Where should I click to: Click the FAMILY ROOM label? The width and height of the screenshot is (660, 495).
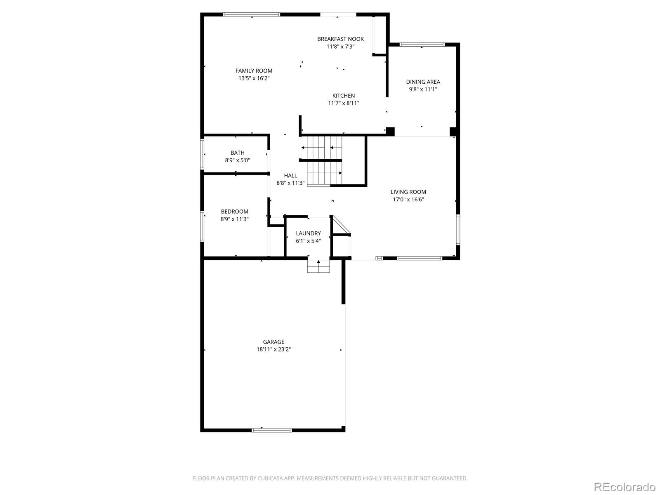point(254,71)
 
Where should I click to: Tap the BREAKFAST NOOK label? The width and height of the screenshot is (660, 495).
point(340,39)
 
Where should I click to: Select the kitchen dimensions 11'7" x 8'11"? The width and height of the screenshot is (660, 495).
point(343,103)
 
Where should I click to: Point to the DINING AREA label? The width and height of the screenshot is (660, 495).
point(423,82)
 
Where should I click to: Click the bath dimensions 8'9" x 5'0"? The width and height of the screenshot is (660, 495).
point(238,160)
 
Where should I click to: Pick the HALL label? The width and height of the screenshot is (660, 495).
point(290,176)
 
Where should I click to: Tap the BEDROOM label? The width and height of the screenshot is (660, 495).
point(235,212)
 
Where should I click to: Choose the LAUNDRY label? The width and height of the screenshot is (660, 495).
point(308,233)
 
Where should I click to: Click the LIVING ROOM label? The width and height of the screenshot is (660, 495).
point(408,192)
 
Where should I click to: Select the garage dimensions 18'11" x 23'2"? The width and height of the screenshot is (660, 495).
point(273,349)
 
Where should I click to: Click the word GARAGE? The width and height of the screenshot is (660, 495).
point(273,342)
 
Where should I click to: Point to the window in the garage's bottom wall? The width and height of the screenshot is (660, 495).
point(271,430)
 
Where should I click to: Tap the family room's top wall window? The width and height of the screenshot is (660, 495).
point(252,14)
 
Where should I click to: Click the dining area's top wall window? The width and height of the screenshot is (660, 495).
point(422,45)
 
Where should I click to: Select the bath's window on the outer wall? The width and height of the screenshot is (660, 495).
point(203,154)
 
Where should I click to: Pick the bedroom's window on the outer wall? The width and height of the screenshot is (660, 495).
point(203,226)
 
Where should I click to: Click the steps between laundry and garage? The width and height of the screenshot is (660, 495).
point(318,266)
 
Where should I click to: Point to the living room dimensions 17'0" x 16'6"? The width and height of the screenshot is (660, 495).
point(408,199)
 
